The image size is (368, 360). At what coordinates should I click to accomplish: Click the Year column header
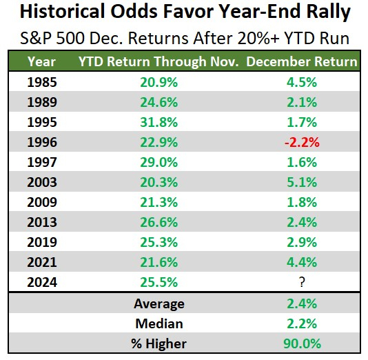pos(41,61)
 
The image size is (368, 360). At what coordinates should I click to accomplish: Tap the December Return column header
pos(301,61)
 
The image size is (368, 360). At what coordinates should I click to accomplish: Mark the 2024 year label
pos(43,281)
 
